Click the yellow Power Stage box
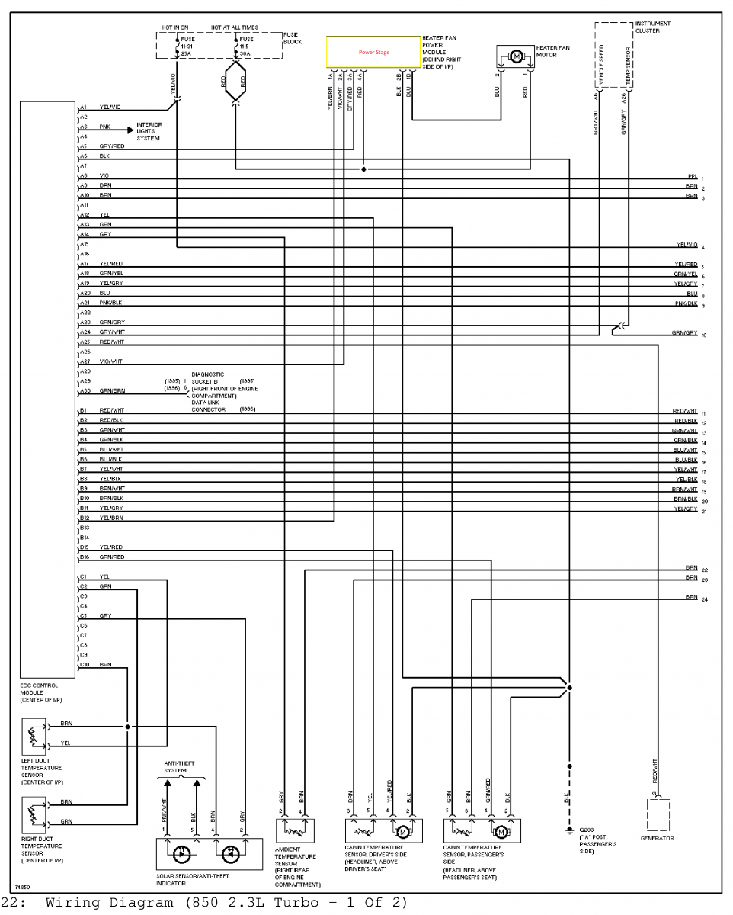tap(373, 52)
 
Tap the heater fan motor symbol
tap(516, 56)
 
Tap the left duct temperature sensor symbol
tap(34, 735)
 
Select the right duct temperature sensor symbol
tap(34, 812)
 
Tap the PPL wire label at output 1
tap(692, 177)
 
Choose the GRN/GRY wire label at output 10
tap(684, 333)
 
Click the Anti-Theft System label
tap(177, 766)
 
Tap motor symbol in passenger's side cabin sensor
tap(501, 830)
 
